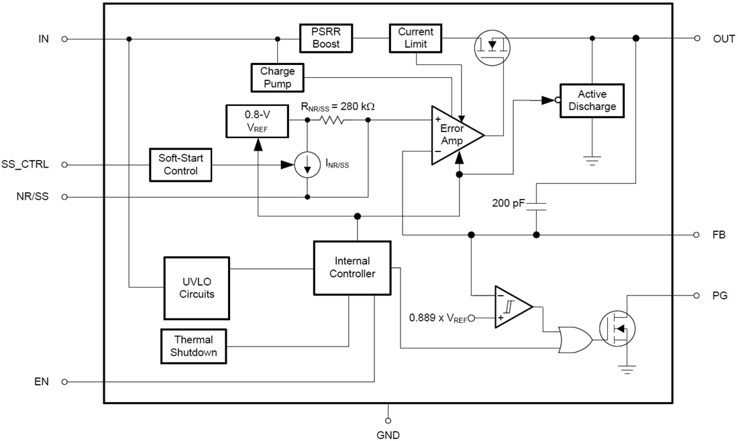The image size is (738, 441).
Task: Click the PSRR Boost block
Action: pyautogui.click(x=326, y=38)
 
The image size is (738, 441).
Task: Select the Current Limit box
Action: pyautogui.click(x=416, y=38)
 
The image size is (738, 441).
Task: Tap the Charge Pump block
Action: pyautogui.click(x=277, y=77)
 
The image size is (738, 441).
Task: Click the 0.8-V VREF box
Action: pyautogui.click(x=258, y=120)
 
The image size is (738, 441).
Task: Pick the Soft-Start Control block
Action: pyautogui.click(x=180, y=164)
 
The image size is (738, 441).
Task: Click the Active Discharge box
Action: pyautogui.click(x=592, y=101)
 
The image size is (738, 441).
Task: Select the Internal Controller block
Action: pyautogui.click(x=352, y=267)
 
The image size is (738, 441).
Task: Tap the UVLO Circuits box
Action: pyautogui.click(x=197, y=288)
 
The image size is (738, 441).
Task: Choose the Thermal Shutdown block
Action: pyautogui.click(x=194, y=346)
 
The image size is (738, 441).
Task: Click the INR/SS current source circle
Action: pyautogui.click(x=307, y=165)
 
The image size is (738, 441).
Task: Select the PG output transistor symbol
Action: pyautogui.click(x=618, y=328)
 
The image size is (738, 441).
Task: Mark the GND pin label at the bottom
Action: pyautogui.click(x=388, y=434)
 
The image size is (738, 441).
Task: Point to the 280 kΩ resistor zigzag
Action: pyautogui.click(x=331, y=121)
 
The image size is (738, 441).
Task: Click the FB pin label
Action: pyautogui.click(x=719, y=235)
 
